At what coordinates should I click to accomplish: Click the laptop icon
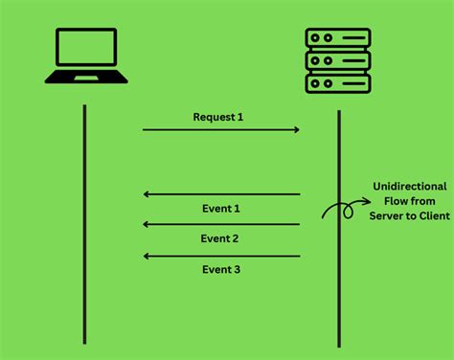86,56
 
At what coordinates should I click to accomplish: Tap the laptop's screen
86,49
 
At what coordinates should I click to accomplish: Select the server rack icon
338,60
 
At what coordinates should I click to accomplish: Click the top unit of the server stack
338,39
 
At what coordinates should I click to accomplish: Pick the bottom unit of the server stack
338,82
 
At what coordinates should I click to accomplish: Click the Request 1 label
218,117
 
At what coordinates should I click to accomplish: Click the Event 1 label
220,208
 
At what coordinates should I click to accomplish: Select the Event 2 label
220,238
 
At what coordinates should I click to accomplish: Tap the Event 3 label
220,269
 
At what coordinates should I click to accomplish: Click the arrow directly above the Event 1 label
220,194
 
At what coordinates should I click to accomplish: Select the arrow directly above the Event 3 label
220,256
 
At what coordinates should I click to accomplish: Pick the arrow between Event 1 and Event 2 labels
220,224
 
